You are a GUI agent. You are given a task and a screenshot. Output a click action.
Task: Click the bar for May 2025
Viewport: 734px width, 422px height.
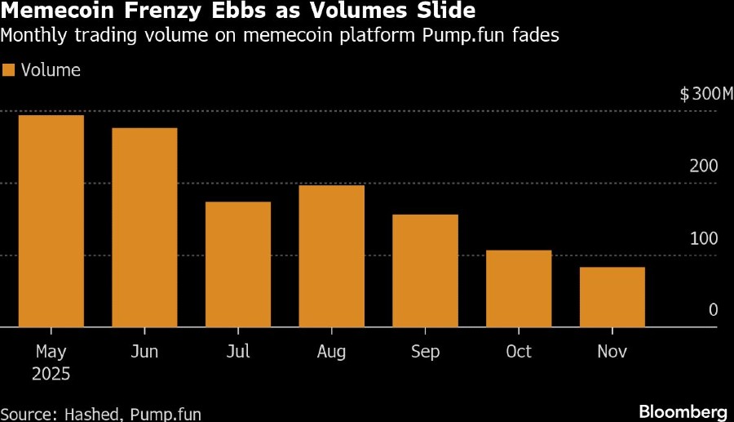tap(51, 221)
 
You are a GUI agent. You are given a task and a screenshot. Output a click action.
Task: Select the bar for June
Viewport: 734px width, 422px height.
tap(144, 228)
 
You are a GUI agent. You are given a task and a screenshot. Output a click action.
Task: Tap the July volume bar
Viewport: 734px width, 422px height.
tap(238, 264)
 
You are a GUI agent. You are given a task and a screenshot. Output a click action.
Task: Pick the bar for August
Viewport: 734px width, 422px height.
tap(331, 256)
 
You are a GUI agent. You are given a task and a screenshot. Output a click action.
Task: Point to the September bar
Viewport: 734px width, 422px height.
tap(425, 271)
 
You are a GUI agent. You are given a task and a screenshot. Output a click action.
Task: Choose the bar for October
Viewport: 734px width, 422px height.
tap(519, 289)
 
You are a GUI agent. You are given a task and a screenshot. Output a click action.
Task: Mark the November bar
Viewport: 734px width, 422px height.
tap(612, 297)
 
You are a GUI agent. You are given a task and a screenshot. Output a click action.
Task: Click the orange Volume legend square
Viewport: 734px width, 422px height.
tap(9, 70)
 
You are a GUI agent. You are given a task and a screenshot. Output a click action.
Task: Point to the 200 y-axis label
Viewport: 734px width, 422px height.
tap(704, 167)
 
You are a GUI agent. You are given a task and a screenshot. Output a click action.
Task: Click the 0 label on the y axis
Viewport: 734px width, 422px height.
tap(712, 310)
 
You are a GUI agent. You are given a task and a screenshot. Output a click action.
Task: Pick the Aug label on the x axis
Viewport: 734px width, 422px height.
tap(331, 352)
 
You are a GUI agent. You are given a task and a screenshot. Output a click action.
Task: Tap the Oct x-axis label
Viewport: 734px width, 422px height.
tap(519, 352)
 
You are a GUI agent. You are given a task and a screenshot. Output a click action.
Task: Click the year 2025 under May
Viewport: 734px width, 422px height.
tap(51, 375)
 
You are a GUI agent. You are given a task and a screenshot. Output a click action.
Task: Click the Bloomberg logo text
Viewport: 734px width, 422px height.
tap(683, 411)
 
